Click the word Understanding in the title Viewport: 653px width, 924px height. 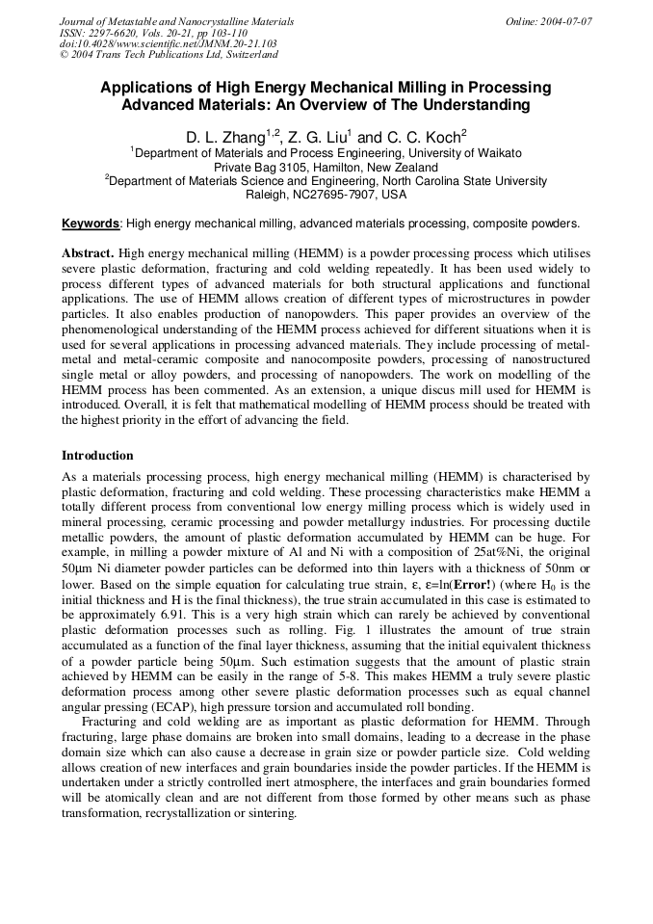tap(473, 104)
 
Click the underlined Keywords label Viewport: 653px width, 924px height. tap(91, 224)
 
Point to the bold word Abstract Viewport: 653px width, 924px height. tap(88, 251)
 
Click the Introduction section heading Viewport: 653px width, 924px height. tap(97, 455)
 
